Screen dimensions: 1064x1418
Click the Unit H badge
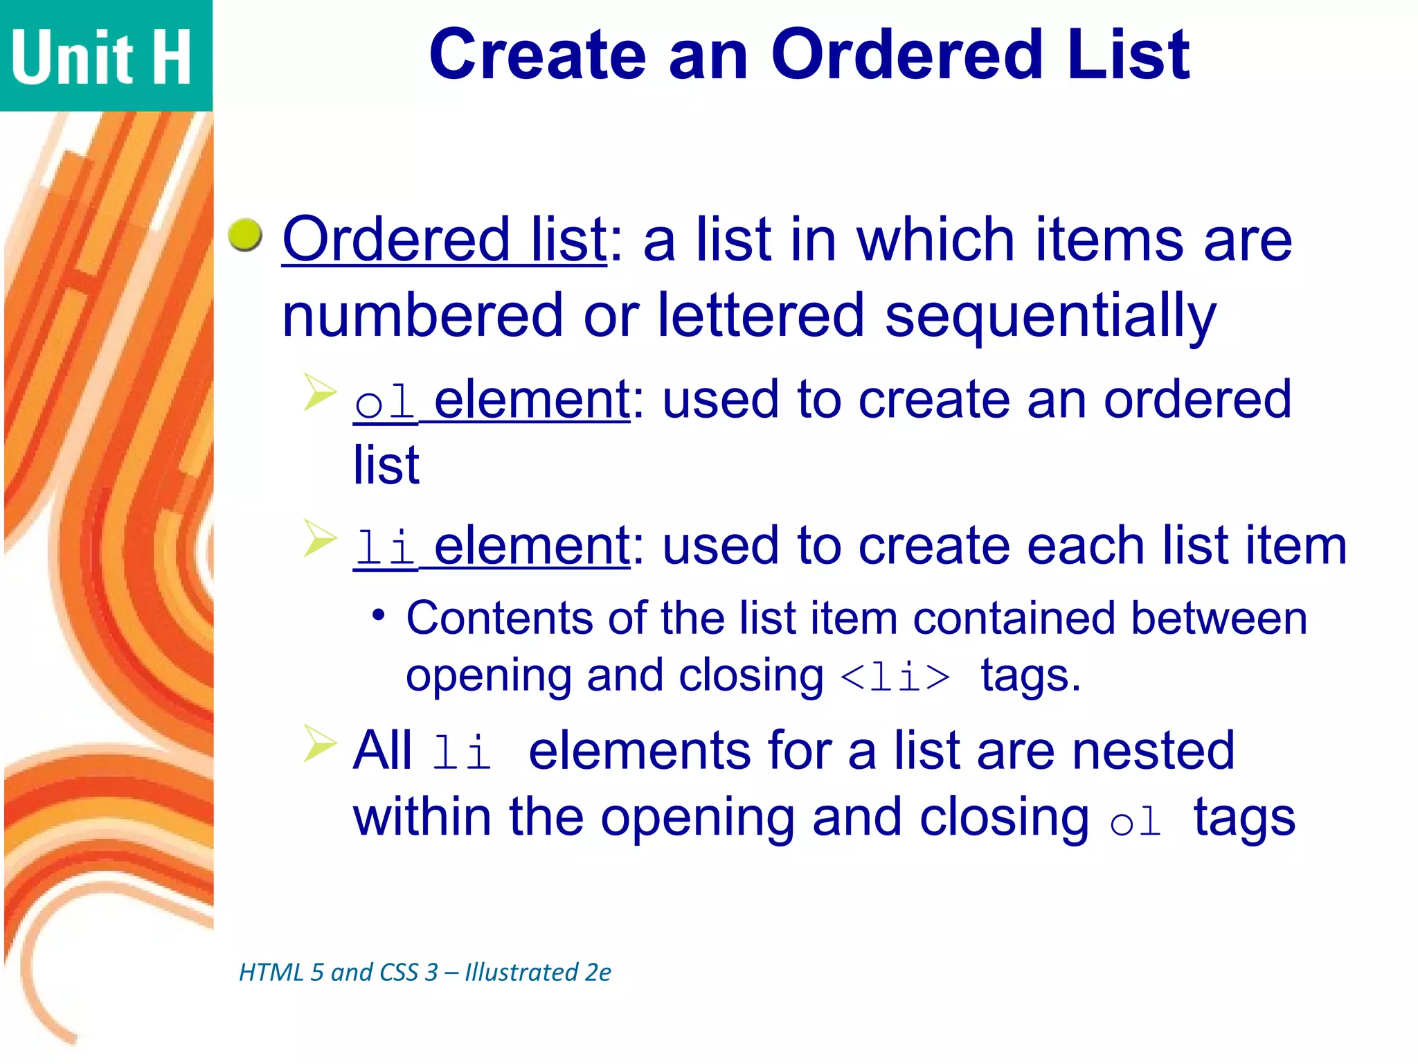point(104,55)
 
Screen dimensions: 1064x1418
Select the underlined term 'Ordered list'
point(445,240)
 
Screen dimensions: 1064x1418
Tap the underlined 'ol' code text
point(384,402)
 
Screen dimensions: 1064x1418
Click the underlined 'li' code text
point(384,547)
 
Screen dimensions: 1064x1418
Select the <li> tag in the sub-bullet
point(895,677)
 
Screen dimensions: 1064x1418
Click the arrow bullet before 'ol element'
point(319,392)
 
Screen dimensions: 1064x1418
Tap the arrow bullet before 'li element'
point(319,538)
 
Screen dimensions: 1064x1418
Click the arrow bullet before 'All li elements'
point(319,743)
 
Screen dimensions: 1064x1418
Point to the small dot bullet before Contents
point(378,614)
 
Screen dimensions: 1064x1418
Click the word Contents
point(499,618)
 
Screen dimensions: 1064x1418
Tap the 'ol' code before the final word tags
point(1136,822)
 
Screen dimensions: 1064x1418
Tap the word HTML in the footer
point(271,973)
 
